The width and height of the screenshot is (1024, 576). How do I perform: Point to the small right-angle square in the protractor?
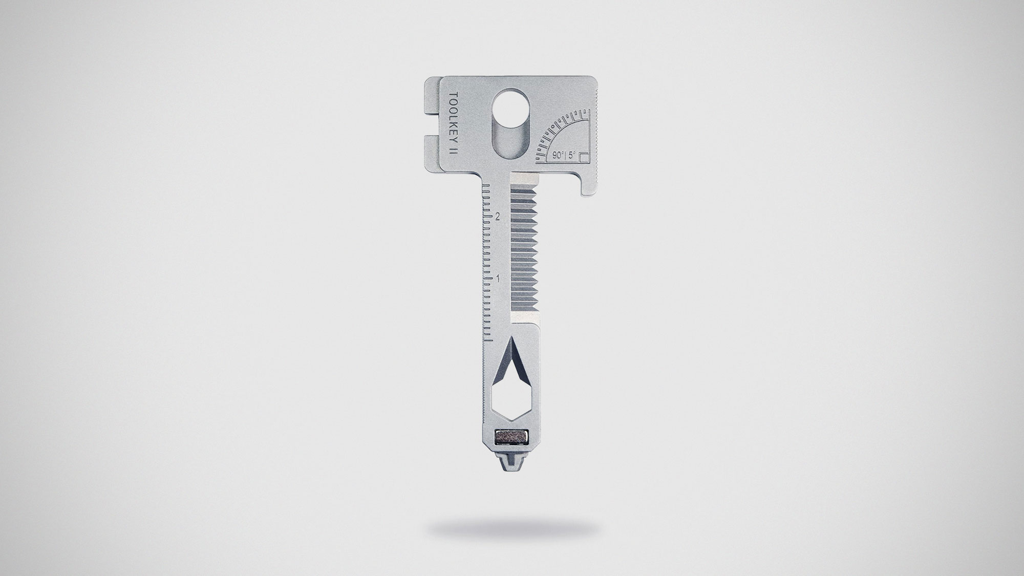586,157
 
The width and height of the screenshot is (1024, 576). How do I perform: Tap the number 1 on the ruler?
497,278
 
